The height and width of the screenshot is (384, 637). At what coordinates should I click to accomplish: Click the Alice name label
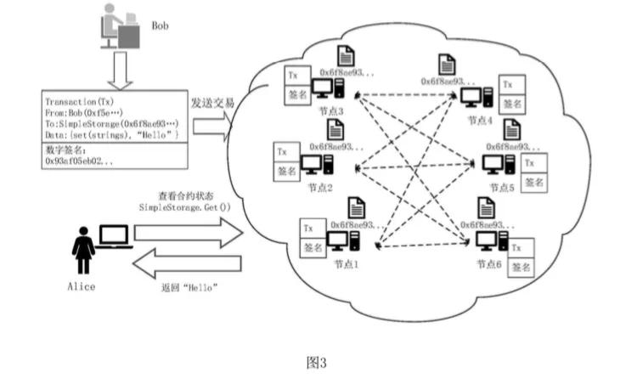tap(82, 286)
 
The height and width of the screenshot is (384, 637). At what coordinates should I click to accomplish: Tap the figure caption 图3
tap(316, 363)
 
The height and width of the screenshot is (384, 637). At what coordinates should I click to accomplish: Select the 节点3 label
tap(328, 112)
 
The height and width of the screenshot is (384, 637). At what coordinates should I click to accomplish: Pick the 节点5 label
tap(500, 188)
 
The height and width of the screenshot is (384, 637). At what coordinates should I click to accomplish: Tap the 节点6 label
tap(491, 265)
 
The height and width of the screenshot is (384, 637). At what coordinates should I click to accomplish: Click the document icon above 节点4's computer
tap(446, 64)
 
